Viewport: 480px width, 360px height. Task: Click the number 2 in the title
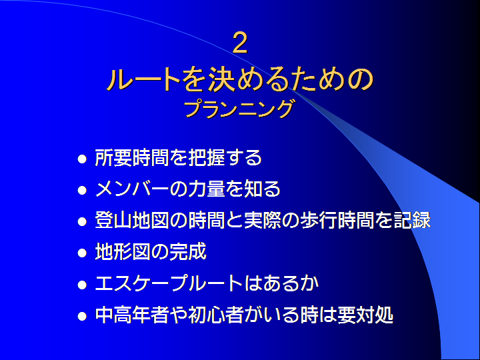pos(240,43)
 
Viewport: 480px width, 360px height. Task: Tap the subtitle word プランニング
pos(239,109)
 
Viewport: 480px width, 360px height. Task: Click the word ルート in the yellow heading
pos(144,79)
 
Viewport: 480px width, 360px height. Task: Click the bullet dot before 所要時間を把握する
pos(82,159)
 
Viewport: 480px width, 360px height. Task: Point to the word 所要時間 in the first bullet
pos(132,157)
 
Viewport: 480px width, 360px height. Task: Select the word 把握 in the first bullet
pos(206,157)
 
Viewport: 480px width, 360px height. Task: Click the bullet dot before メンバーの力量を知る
pos(82,191)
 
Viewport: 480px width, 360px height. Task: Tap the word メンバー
pos(132,189)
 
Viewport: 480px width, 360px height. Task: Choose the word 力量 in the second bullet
pos(206,189)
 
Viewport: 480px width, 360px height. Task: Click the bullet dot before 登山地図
pos(82,221)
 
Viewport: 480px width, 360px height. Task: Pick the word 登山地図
pos(132,220)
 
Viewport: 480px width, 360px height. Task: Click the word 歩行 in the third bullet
pos(319,220)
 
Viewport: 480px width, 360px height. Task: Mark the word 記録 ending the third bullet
pos(412,220)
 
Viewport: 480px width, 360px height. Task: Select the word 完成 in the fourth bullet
pos(188,251)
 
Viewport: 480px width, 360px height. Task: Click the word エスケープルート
pos(169,283)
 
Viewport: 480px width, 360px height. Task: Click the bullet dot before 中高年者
pos(82,316)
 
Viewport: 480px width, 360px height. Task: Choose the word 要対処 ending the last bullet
pos(365,315)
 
